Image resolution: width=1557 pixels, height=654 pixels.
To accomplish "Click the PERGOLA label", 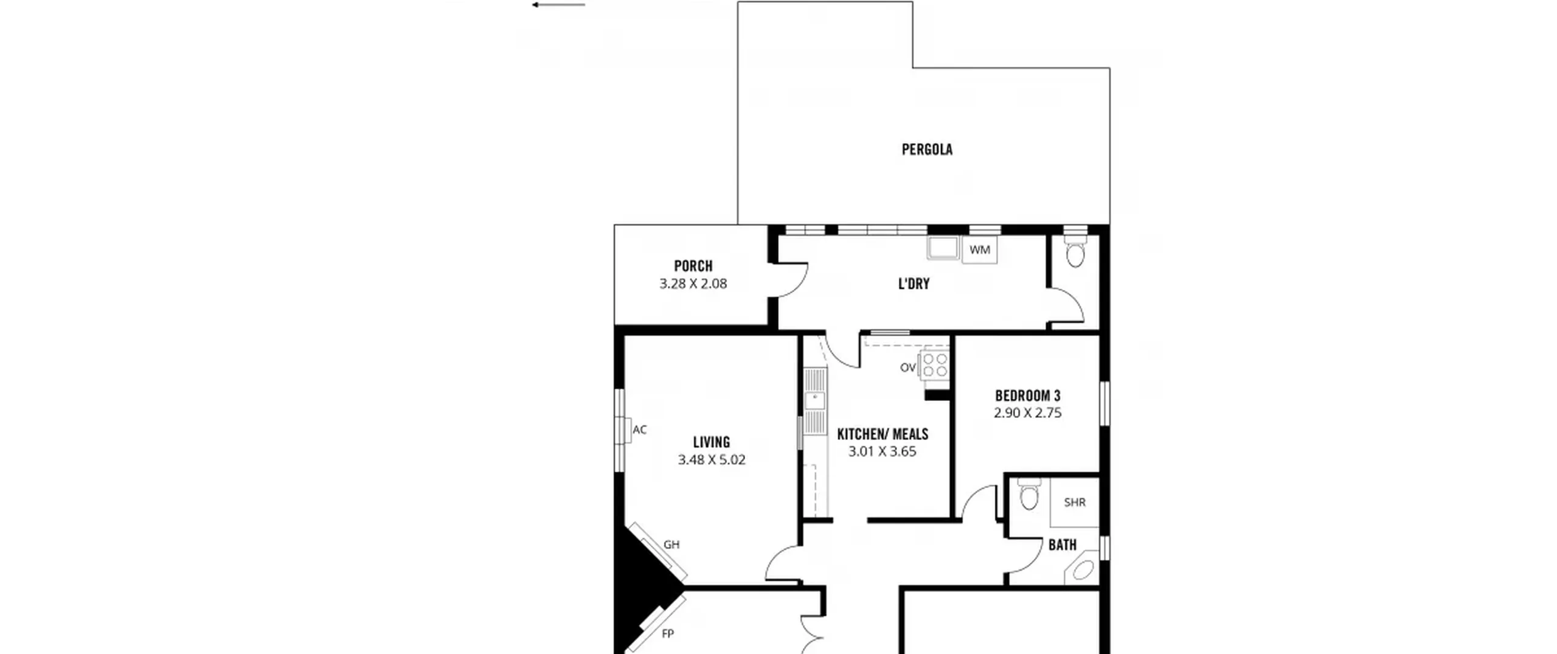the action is [927, 149].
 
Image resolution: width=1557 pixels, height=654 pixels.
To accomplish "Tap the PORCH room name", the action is [693, 266].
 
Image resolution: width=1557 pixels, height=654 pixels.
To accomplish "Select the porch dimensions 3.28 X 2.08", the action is [693, 284].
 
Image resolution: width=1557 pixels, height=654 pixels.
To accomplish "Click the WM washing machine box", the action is [979, 250].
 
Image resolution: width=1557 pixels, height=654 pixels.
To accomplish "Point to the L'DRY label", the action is [914, 284].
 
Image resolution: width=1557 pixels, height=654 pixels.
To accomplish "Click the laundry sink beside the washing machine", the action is [943, 248].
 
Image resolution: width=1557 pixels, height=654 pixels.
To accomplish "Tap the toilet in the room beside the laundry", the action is [1075, 252].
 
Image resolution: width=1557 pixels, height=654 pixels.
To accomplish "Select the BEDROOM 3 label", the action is [1027, 395].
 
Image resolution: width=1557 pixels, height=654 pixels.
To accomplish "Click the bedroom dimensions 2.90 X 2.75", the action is [1027, 413].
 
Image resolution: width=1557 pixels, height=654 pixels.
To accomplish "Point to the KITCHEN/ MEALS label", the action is [883, 434].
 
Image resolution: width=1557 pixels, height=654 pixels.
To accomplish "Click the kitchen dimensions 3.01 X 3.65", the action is [882, 451].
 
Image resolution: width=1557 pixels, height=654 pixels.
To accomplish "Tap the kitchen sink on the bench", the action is [815, 401].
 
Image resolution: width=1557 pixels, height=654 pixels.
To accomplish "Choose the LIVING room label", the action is [712, 442].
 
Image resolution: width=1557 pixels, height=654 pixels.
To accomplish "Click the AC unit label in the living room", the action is [639, 430].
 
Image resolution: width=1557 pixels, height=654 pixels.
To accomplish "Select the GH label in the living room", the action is [671, 544].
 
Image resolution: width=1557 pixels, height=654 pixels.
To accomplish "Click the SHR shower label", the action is [1075, 503].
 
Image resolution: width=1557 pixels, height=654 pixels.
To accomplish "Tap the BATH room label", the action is [1063, 545].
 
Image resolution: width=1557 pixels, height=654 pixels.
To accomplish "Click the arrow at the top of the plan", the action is [558, 5].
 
